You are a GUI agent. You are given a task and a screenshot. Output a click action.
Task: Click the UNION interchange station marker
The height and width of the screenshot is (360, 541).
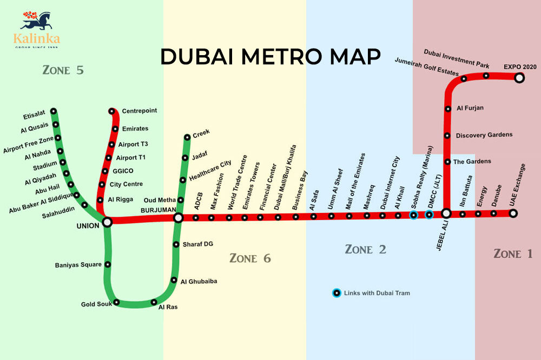[107, 222]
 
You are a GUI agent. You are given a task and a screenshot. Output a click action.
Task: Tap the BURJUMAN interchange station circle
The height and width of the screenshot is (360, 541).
[179, 218]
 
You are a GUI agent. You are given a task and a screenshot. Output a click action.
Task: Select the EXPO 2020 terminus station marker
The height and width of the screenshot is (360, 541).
[519, 78]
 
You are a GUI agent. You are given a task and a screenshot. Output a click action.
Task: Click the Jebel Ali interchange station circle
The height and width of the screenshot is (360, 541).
[446, 214]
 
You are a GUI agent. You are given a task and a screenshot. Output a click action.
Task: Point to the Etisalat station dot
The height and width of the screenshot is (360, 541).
[54, 111]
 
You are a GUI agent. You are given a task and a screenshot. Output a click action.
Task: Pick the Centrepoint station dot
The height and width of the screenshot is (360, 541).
[112, 111]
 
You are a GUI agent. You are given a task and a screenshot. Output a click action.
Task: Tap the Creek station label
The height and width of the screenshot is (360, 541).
[201, 132]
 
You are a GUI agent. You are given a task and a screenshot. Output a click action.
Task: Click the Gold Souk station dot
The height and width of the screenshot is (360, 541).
[117, 302]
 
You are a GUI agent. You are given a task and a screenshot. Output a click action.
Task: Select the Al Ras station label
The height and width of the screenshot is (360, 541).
[168, 307]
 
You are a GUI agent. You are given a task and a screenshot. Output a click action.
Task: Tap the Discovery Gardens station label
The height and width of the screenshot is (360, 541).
[484, 135]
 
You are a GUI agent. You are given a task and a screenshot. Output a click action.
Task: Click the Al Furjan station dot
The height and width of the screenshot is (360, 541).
[448, 109]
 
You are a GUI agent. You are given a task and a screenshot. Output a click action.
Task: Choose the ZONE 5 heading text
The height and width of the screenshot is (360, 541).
[64, 70]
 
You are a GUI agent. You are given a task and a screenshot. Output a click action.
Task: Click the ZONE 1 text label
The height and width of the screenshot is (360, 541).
[513, 254]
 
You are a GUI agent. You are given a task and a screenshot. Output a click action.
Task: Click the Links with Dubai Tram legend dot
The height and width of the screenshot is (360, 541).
[337, 293]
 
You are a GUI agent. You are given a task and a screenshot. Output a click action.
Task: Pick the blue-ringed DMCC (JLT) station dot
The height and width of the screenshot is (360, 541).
[429, 215]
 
